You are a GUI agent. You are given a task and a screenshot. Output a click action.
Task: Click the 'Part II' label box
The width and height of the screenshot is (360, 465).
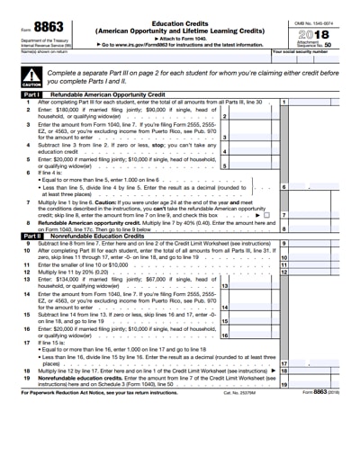[31, 233]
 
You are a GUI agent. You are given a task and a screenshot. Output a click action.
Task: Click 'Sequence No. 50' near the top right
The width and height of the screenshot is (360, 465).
[320, 43]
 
